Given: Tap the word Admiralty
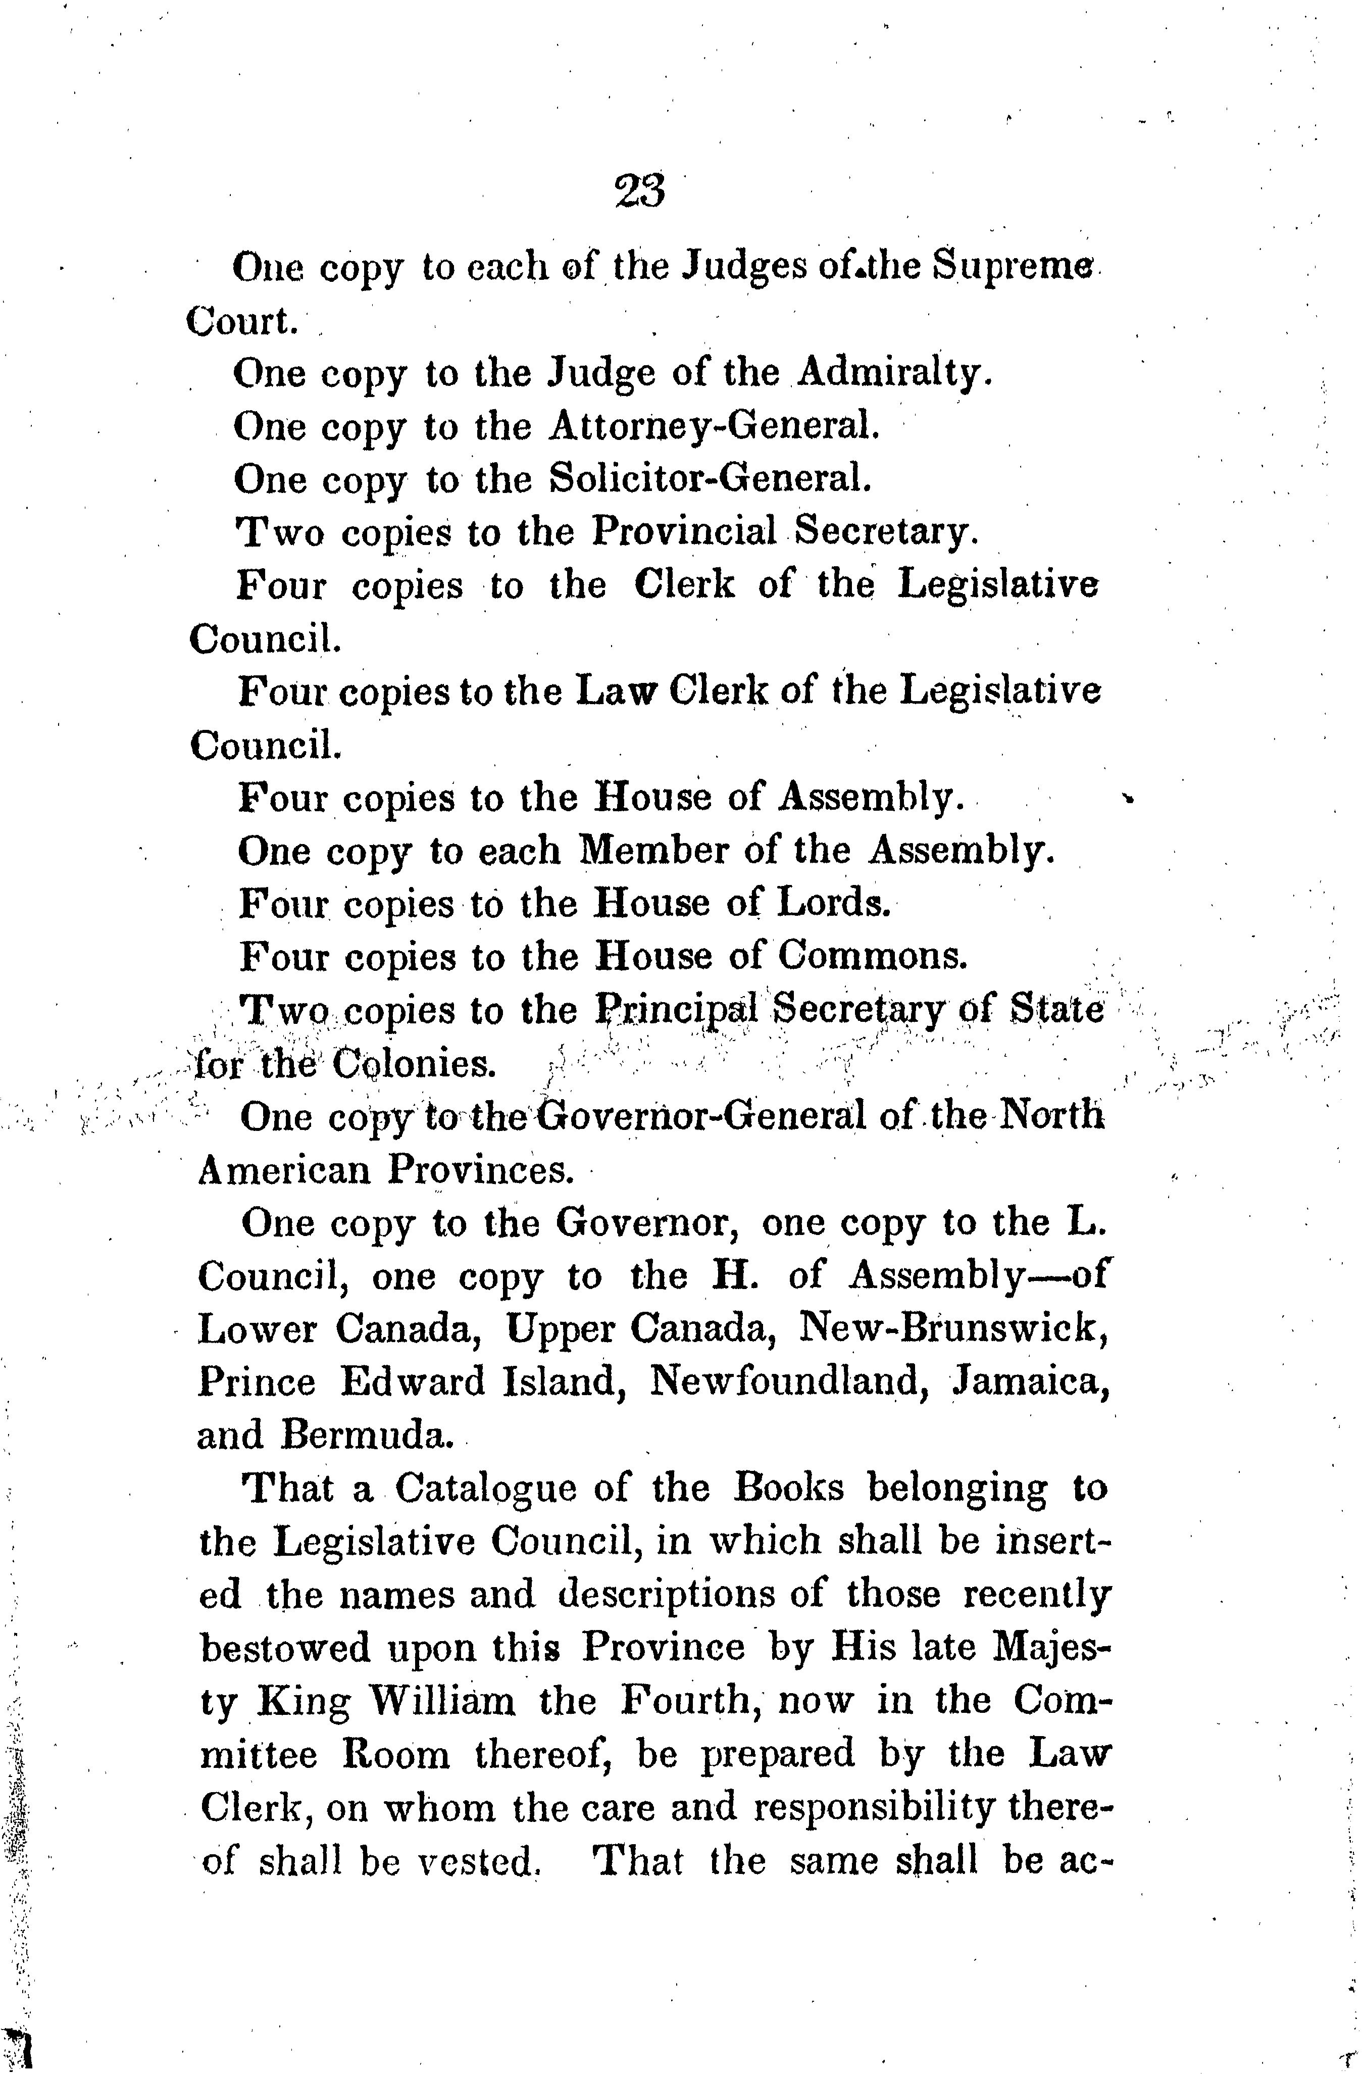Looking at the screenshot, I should click(x=894, y=373).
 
